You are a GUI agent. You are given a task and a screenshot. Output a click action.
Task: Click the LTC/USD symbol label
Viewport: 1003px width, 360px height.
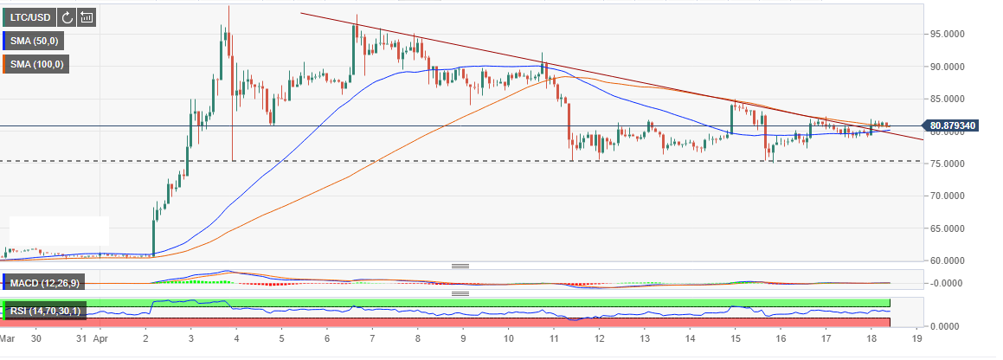[x=29, y=16]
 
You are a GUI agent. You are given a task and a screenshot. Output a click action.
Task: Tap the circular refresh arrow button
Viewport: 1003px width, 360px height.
[x=67, y=16]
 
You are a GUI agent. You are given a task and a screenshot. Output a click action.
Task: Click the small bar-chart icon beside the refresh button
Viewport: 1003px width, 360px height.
[x=87, y=16]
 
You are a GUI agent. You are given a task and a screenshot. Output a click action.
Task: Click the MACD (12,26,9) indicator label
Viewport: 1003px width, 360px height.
[x=43, y=282]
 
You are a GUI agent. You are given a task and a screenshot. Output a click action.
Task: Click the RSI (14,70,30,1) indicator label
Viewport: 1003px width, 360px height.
[x=45, y=309]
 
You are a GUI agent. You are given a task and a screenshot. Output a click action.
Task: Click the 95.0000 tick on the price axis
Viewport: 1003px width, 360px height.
[x=948, y=34]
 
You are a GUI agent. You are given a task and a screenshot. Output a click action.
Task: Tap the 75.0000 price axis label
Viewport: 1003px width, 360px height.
[x=948, y=164]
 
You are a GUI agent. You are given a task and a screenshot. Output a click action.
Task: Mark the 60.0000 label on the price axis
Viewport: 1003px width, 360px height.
[x=948, y=260]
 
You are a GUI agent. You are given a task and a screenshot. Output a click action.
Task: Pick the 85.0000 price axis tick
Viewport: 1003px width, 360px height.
[x=948, y=99]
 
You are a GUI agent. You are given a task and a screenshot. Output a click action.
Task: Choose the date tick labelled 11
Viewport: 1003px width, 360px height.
[x=553, y=341]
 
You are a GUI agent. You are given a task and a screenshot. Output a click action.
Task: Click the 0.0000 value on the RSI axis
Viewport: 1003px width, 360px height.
[x=948, y=326]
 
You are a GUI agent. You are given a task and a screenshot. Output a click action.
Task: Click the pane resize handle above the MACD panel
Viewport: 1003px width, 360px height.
[x=460, y=266]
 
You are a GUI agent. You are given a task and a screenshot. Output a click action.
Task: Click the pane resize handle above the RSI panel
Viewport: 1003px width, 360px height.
[x=460, y=293]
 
